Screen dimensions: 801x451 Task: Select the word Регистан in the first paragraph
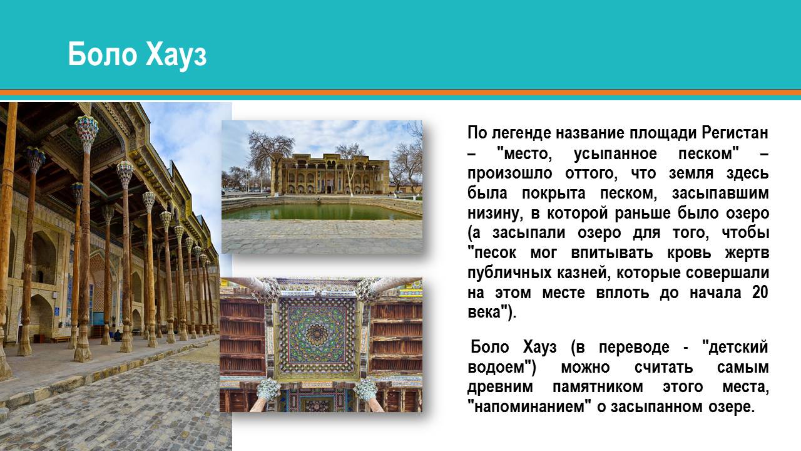(735, 133)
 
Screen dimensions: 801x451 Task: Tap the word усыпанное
(615, 154)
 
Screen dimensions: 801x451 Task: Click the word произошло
(510, 174)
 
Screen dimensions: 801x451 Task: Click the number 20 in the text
(760, 293)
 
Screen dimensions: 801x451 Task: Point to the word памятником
(598, 387)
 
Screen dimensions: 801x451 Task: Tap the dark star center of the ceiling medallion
(317, 334)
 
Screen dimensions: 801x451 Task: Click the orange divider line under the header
(400, 93)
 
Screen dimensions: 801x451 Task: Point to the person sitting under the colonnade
(118, 335)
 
